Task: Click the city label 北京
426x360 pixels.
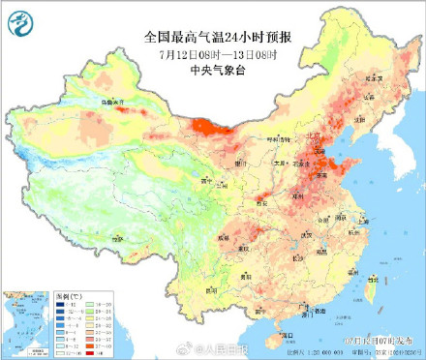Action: point(315,148)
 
